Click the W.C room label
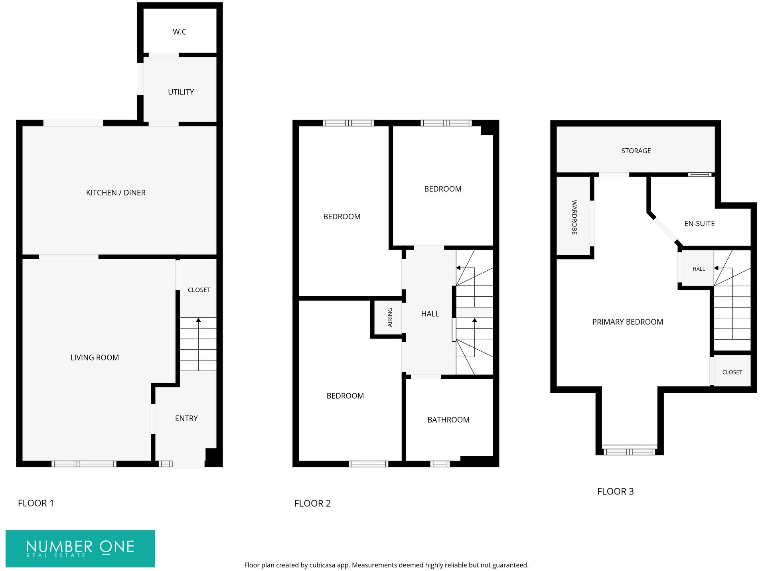pyautogui.click(x=179, y=32)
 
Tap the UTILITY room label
pyautogui.click(x=181, y=92)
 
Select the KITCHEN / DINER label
pyautogui.click(x=116, y=193)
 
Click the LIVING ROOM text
pyautogui.click(x=95, y=358)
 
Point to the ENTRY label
pyautogui.click(x=186, y=418)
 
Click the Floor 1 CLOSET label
pyautogui.click(x=199, y=290)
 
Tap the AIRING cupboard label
pyautogui.click(x=390, y=317)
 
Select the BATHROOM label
pyautogui.click(x=448, y=419)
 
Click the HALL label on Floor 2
pyautogui.click(x=430, y=314)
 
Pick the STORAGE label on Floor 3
pyautogui.click(x=636, y=151)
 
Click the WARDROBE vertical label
pyautogui.click(x=574, y=217)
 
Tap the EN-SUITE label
pyautogui.click(x=699, y=224)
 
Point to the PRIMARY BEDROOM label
pyautogui.click(x=627, y=322)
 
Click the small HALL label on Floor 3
pyautogui.click(x=699, y=269)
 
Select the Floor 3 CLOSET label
pyautogui.click(x=732, y=372)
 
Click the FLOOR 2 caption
pyautogui.click(x=312, y=503)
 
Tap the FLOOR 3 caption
pyautogui.click(x=615, y=491)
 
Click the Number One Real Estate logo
pyautogui.click(x=80, y=548)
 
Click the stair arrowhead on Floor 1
pyautogui.click(x=198, y=320)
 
